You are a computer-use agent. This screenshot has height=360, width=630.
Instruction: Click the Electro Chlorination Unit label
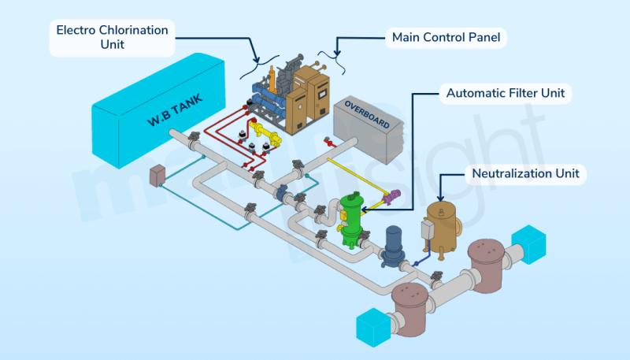click(x=112, y=37)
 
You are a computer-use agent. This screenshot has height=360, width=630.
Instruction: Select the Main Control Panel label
click(x=446, y=37)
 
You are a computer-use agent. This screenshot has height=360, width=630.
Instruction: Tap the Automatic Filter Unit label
click(x=506, y=93)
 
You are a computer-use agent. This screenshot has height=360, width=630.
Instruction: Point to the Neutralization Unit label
click(x=525, y=173)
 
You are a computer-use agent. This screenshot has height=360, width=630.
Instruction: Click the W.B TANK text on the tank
click(x=175, y=110)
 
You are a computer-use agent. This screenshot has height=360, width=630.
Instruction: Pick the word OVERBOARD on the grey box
click(x=367, y=115)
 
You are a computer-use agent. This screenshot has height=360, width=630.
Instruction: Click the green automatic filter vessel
click(x=350, y=220)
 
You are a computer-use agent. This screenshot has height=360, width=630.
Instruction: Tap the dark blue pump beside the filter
click(x=392, y=246)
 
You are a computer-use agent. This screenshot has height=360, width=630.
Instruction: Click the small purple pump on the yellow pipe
click(x=391, y=196)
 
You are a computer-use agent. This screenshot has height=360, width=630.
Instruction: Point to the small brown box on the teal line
click(x=157, y=176)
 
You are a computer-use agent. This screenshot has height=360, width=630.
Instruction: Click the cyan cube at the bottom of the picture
click(x=373, y=328)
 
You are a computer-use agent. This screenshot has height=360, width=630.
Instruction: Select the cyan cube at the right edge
click(x=528, y=244)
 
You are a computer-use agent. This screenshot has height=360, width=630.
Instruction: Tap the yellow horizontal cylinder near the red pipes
click(x=265, y=133)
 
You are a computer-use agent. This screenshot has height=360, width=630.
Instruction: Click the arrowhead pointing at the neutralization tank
click(x=441, y=198)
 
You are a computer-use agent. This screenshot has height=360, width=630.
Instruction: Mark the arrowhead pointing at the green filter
click(x=364, y=210)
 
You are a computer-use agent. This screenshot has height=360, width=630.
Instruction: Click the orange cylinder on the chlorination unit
click(x=272, y=80)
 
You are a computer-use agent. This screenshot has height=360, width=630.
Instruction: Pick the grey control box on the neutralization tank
click(x=426, y=230)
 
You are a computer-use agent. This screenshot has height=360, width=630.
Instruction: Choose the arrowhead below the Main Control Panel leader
click(x=337, y=53)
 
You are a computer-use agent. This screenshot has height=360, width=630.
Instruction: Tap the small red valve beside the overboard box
click(x=329, y=142)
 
